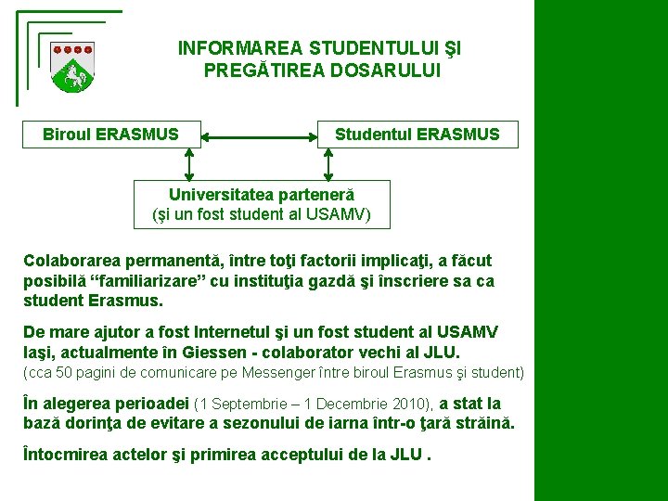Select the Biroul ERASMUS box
(111, 135)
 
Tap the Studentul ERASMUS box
(417, 135)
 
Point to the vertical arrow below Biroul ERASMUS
(189, 163)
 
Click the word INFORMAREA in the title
(240, 47)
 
